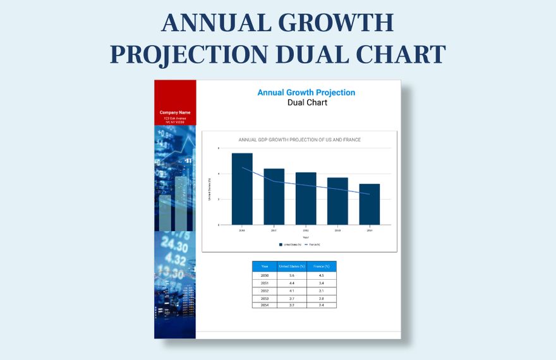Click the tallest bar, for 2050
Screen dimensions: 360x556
pos(242,189)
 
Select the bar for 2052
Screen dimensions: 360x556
pos(306,198)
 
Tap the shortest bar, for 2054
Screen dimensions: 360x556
pos(370,204)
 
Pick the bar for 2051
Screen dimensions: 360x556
pos(274,196)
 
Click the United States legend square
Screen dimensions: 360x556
pos(281,244)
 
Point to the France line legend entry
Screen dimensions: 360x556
pos(312,244)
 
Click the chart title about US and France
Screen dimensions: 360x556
pos(299,140)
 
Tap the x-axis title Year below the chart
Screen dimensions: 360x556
pos(305,237)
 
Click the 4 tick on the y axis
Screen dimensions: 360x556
pos(219,174)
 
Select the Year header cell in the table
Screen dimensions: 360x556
pos(265,267)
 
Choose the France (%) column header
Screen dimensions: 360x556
pos(321,267)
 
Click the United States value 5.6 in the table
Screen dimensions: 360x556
pos(291,275)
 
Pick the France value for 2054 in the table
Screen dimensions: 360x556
pos(321,305)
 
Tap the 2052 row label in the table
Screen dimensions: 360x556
pos(265,291)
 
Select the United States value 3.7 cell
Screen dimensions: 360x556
pos(291,298)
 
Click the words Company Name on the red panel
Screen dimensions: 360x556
pos(175,112)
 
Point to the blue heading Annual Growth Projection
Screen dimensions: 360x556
pos(306,93)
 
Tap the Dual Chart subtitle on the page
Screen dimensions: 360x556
pos(307,102)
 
